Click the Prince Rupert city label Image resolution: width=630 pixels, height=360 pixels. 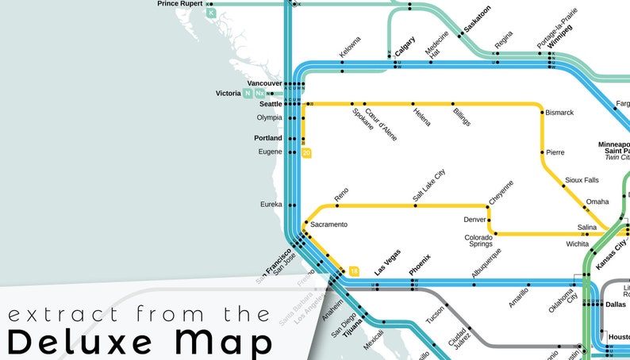[x=179, y=4]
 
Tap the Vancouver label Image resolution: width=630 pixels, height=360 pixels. [x=264, y=83]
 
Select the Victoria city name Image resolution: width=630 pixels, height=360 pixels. [x=228, y=94]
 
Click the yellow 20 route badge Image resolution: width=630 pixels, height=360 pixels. [x=306, y=153]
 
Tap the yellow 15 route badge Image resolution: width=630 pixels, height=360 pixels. [x=354, y=272]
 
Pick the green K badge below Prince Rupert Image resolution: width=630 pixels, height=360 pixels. [x=211, y=13]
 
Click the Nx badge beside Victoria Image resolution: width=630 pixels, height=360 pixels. [x=260, y=94]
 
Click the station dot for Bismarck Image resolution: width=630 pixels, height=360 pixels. [x=543, y=113]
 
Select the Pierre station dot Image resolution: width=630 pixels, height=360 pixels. [x=543, y=152]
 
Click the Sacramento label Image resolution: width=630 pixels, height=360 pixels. [x=328, y=224]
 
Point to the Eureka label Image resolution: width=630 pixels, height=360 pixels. [x=271, y=204]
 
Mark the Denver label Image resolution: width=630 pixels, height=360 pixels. [x=474, y=220]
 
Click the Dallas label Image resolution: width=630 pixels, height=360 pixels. [x=615, y=304]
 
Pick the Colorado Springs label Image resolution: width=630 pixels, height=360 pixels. [x=479, y=240]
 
